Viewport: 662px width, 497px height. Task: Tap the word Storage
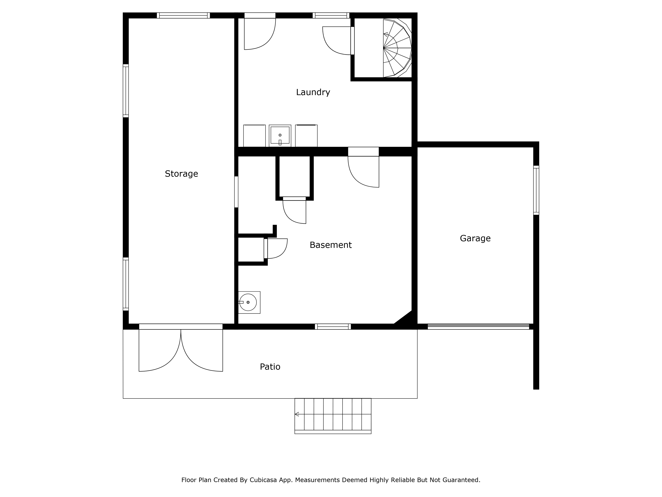[181, 174]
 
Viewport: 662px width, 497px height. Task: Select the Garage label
[475, 238]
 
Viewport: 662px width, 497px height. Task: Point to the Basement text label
[330, 245]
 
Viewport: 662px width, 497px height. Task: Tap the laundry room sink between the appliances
[280, 135]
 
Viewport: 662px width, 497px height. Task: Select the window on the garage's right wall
[536, 190]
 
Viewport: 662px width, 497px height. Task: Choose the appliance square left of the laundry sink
[254, 136]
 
